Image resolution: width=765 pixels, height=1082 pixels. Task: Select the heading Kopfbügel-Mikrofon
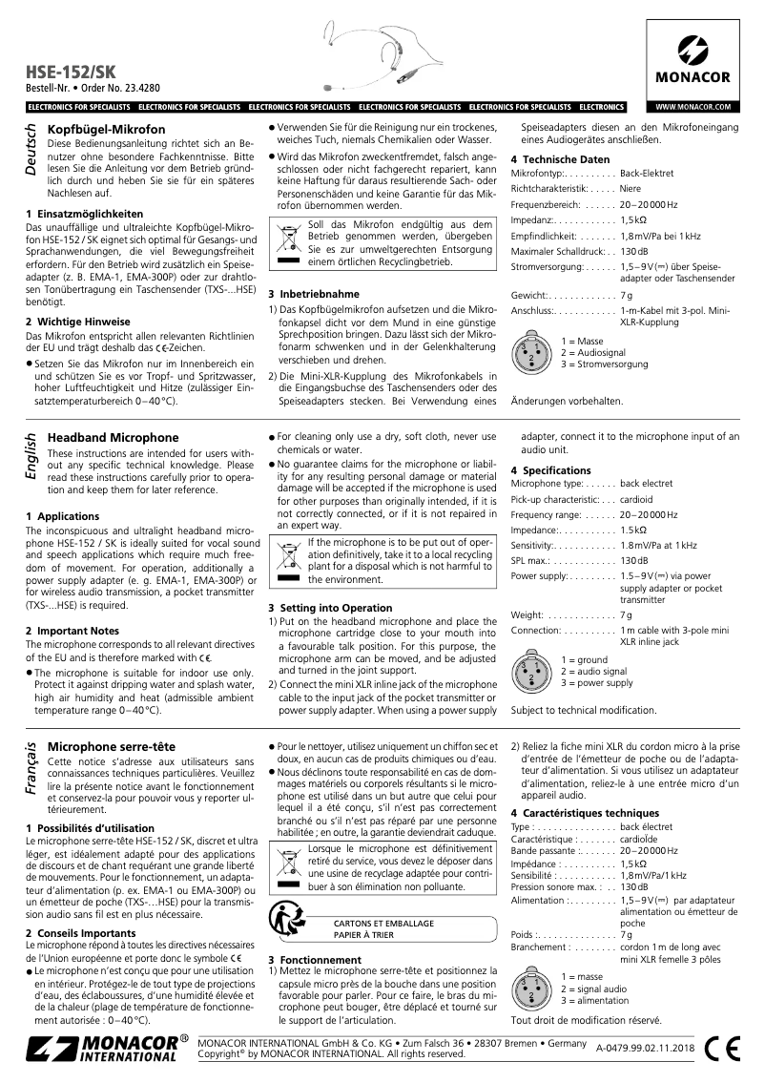pyautogui.click(x=107, y=129)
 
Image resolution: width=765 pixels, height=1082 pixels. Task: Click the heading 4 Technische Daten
pyautogui.click(x=560, y=158)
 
